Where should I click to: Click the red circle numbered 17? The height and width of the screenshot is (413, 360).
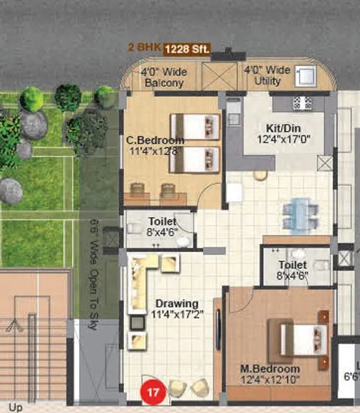click(151, 390)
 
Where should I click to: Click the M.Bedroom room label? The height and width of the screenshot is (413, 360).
click(269, 369)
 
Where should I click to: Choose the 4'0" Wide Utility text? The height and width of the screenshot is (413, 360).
click(267, 77)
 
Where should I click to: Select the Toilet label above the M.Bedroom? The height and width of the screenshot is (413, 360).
click(292, 265)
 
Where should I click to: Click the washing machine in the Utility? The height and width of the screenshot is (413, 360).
click(307, 75)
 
